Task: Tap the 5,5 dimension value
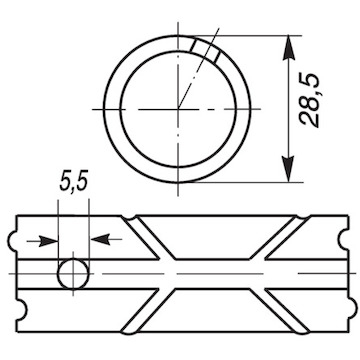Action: click(x=73, y=185)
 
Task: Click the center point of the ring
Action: click(x=180, y=108)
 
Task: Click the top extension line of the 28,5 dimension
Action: click(x=250, y=34)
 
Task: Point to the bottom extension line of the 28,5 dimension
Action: click(x=250, y=183)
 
